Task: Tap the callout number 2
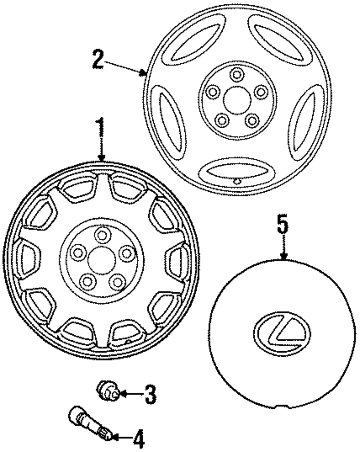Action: [97, 60]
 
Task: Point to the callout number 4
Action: [138, 439]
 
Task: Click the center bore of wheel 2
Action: [237, 100]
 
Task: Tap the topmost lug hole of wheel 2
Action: [237, 75]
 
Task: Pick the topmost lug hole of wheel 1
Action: [102, 236]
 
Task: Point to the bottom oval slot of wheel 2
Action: [236, 170]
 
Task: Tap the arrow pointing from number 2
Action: [126, 68]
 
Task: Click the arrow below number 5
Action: [284, 249]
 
